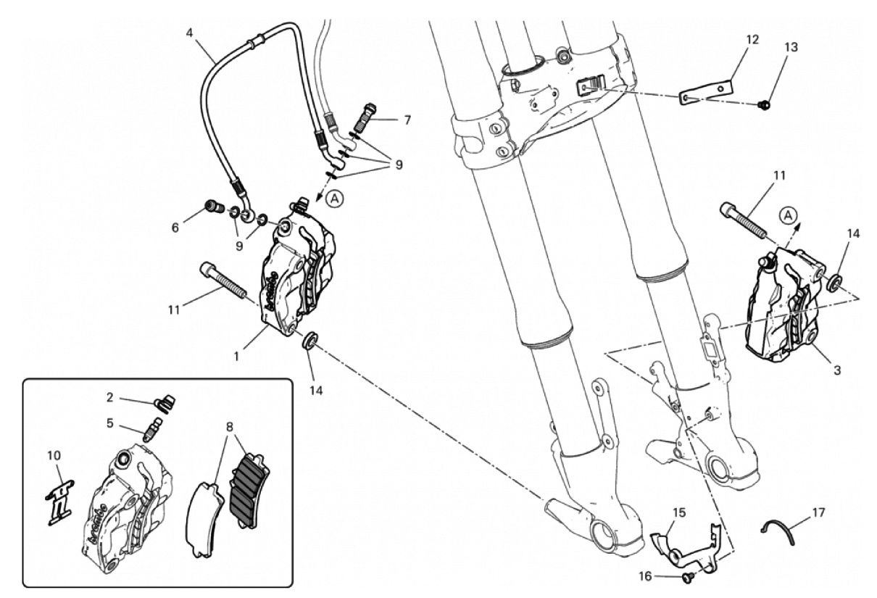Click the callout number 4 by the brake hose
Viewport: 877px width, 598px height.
pos(189,33)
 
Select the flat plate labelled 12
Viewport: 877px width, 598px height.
pos(706,93)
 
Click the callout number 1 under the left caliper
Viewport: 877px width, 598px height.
pos(236,357)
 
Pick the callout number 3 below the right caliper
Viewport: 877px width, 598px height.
pos(836,370)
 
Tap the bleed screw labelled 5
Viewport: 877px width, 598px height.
pos(153,429)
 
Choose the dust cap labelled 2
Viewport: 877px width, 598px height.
pos(165,403)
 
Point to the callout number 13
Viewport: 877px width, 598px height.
pos(791,47)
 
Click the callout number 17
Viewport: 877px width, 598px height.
pos(818,512)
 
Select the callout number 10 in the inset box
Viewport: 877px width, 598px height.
pos(54,455)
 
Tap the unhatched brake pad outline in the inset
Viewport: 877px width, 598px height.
pos(204,519)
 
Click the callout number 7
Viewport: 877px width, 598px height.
pos(407,120)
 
